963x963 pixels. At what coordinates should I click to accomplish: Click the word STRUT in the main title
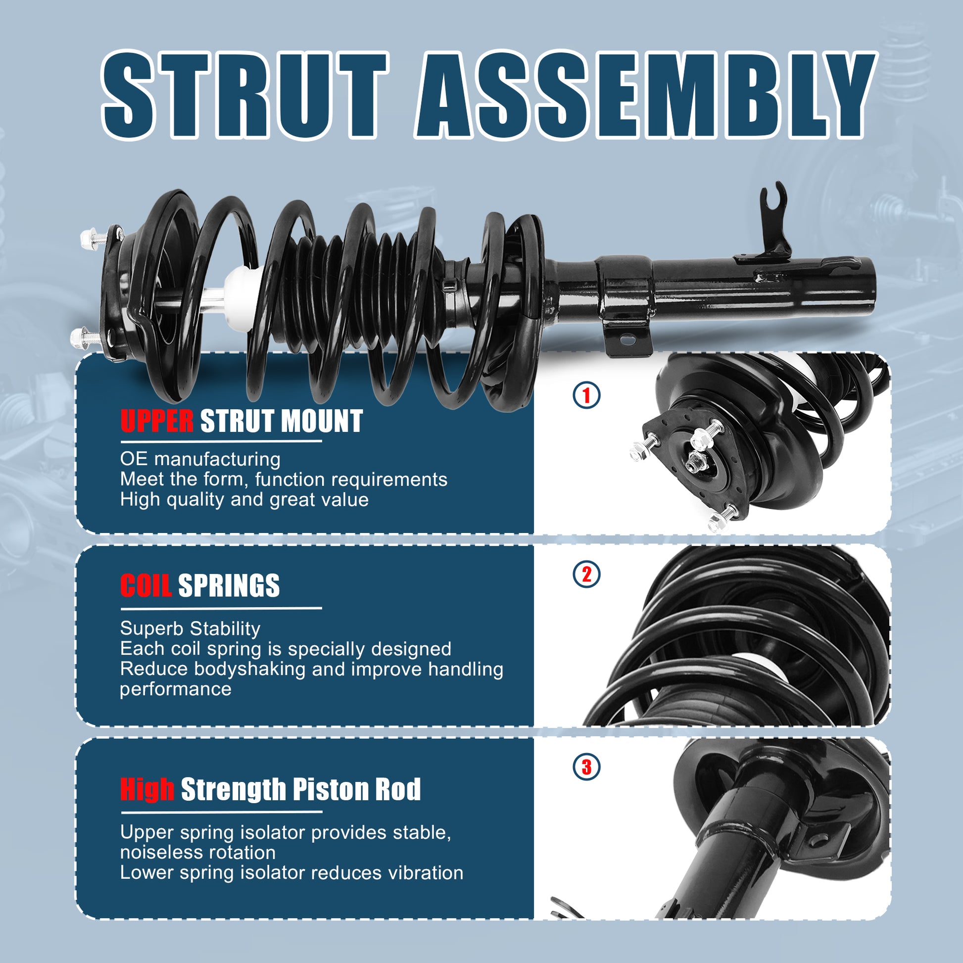pos(244,95)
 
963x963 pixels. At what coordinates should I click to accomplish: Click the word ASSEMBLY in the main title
pos(645,95)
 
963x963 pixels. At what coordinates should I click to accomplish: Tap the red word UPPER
pos(156,421)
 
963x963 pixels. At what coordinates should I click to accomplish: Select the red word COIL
pos(145,585)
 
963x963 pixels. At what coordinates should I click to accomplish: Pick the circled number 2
pos(586,575)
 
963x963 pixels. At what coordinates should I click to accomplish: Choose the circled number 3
pos(586,767)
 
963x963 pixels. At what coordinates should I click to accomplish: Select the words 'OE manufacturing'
pos(200,459)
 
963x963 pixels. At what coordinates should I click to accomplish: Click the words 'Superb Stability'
pos(190,628)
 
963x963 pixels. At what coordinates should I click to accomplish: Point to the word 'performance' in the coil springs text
pos(176,689)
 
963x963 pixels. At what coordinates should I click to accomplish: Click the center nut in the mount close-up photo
pos(695,463)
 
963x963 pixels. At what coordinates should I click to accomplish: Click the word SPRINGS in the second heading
pos(229,585)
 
